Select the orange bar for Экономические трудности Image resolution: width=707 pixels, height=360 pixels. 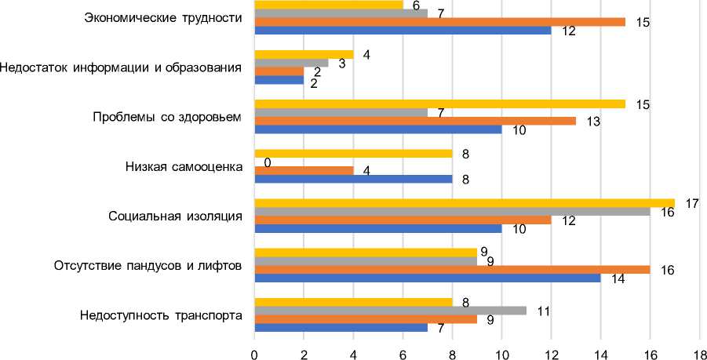(440, 22)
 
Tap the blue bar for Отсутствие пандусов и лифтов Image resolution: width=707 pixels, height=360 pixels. (428, 278)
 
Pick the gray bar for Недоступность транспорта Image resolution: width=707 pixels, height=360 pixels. (391, 310)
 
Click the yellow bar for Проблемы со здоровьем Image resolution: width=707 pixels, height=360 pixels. (440, 104)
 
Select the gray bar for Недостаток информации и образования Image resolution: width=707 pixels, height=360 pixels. (292, 62)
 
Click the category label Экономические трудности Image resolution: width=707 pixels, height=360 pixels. (162, 17)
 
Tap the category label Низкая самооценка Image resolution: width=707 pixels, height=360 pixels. (184, 166)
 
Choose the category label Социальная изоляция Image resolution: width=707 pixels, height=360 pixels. (174, 216)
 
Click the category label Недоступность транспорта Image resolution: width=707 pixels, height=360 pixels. (161, 316)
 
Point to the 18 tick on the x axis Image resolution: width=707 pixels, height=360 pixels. (699, 354)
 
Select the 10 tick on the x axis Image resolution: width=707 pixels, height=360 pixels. (501, 354)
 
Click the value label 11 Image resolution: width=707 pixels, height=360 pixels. (543, 311)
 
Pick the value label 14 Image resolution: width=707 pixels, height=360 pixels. (617, 279)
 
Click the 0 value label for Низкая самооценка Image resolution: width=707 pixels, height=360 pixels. (267, 163)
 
